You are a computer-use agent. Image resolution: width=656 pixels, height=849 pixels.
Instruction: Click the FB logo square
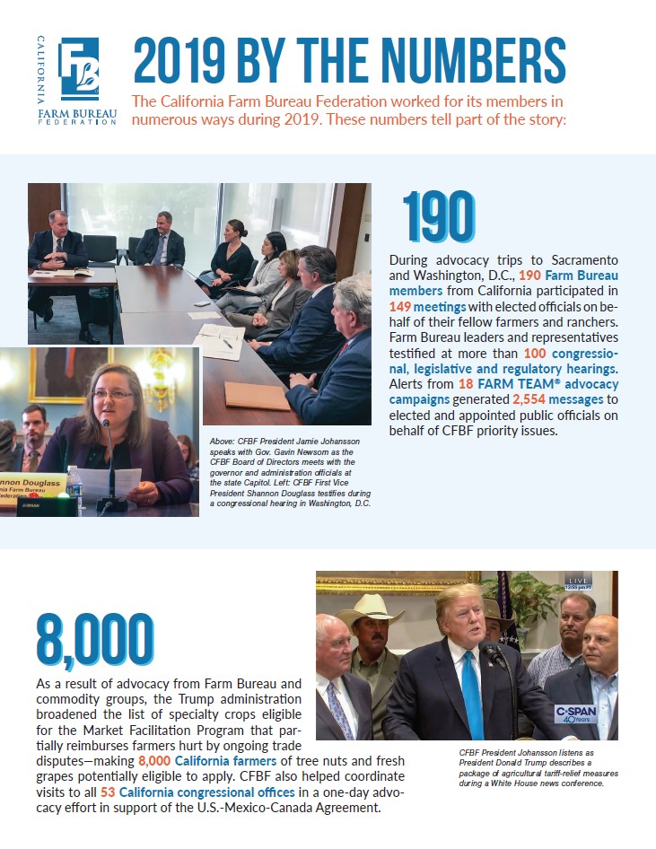pyautogui.click(x=79, y=67)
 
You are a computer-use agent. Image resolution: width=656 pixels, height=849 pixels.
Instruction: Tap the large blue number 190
pyautogui.click(x=438, y=218)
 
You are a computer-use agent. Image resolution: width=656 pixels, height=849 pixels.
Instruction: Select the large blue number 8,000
pyautogui.click(x=94, y=641)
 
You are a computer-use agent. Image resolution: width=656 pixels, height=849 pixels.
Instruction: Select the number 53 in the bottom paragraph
pyautogui.click(x=108, y=792)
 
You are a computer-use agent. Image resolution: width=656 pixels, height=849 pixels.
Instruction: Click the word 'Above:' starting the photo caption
pyautogui.click(x=223, y=442)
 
